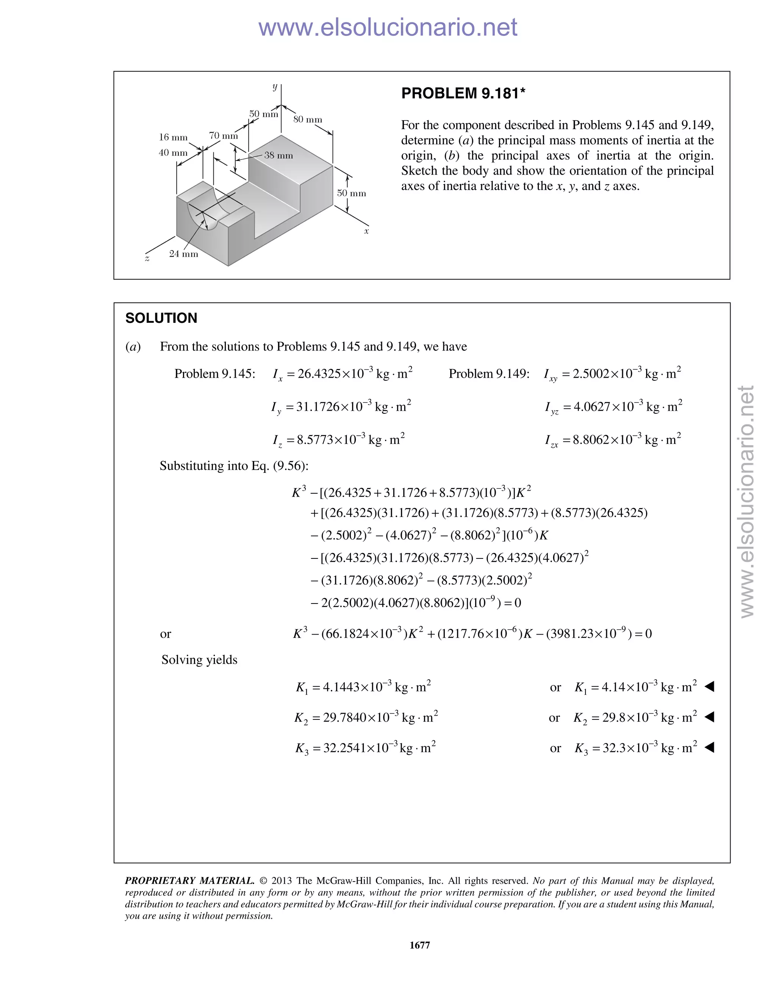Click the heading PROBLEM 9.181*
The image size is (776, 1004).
point(463,93)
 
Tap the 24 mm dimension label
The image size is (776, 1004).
point(183,254)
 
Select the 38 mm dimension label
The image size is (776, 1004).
point(278,155)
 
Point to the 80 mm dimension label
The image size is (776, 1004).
point(308,119)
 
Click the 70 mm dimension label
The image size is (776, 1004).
point(224,136)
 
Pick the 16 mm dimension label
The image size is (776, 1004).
point(173,137)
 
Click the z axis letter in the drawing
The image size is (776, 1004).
point(147,259)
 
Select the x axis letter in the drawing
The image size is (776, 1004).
point(366,231)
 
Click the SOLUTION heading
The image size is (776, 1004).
point(161,318)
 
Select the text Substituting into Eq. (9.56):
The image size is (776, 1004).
point(234,466)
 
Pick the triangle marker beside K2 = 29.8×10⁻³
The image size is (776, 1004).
point(709,717)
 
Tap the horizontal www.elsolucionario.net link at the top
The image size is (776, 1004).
point(388,28)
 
